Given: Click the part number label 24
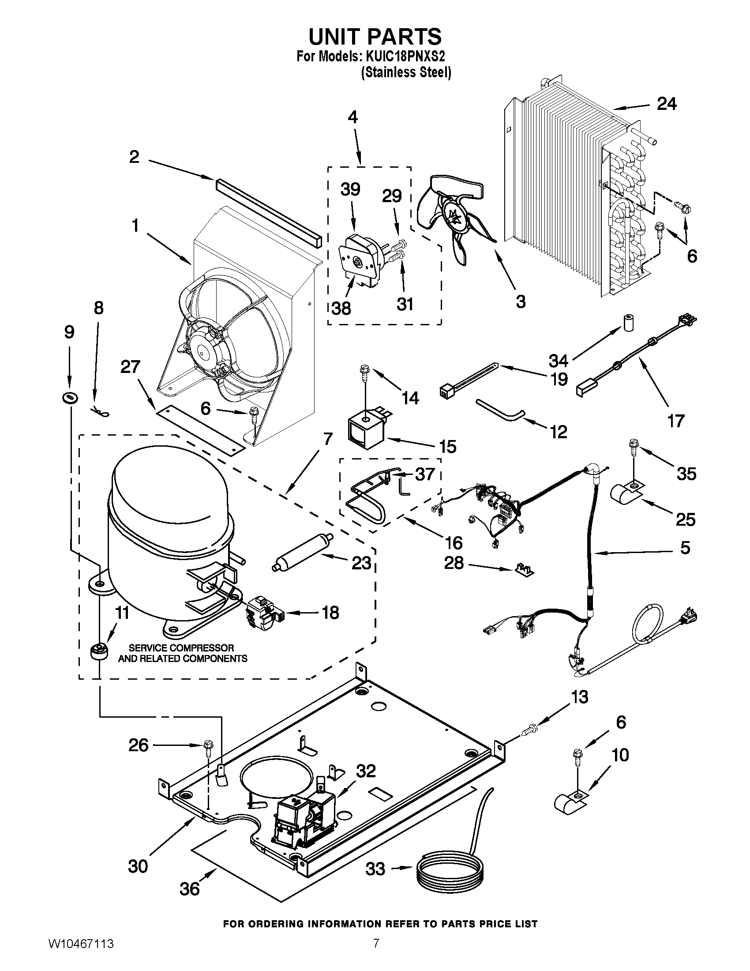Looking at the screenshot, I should pos(667,104).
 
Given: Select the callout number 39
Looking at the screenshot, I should pos(350,189).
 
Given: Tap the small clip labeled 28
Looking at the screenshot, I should pos(524,570).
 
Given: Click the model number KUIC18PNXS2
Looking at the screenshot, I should pos(405,57).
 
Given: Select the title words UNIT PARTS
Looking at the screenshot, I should pos(375,37).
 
